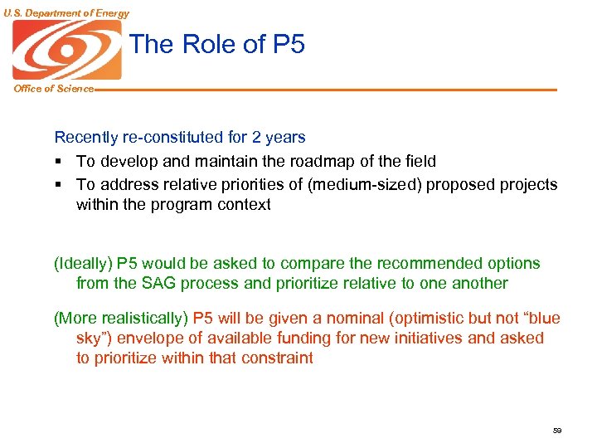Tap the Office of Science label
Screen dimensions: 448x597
53,89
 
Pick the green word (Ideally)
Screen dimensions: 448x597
83,264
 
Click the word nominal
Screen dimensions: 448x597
357,319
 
